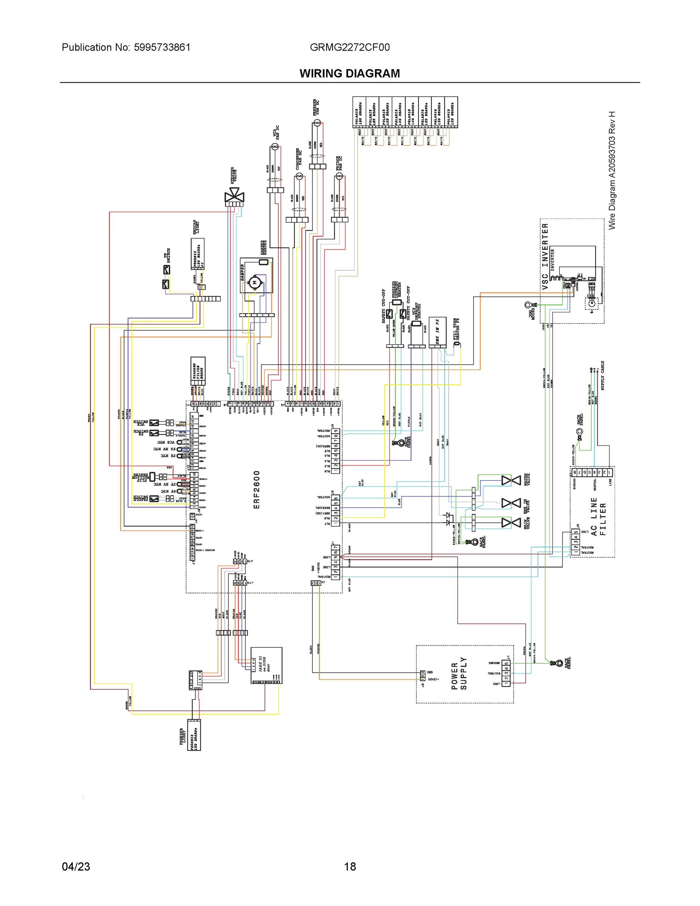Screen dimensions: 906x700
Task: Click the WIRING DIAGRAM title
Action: click(349, 74)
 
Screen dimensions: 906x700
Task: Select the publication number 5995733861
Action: click(162, 47)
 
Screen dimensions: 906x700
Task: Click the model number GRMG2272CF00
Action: click(349, 47)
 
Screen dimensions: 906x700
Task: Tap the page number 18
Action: click(349, 867)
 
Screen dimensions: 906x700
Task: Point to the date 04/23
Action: click(76, 867)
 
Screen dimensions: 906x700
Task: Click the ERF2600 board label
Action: click(256, 490)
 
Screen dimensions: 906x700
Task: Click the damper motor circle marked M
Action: click(255, 282)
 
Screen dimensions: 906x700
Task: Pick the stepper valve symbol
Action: click(234, 195)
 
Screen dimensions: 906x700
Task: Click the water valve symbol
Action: click(511, 481)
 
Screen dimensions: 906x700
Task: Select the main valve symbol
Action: click(511, 523)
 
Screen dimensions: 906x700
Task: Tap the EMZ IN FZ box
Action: click(437, 332)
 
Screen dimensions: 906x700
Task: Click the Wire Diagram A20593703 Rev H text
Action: click(612, 170)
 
